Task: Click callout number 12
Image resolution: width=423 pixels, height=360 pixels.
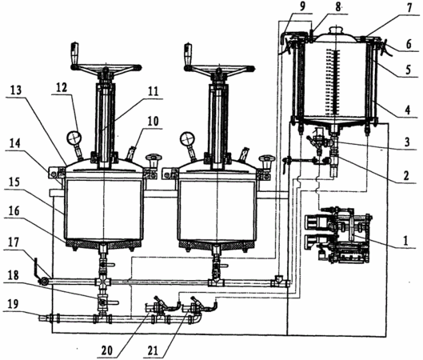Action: click(62, 88)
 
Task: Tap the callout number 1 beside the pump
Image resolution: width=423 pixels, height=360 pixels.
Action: click(406, 240)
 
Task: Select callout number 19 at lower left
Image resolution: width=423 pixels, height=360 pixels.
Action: click(13, 305)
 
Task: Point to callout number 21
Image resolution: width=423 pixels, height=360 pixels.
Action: click(153, 350)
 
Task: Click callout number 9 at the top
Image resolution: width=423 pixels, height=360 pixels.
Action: click(302, 6)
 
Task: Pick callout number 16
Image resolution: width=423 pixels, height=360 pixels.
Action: click(14, 210)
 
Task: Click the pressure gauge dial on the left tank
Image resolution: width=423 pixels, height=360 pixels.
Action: click(74, 138)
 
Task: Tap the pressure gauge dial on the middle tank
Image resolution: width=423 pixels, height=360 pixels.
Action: click(187, 138)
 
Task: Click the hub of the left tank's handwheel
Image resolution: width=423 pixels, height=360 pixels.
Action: click(106, 70)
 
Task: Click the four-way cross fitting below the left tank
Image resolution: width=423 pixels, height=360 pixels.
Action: click(103, 282)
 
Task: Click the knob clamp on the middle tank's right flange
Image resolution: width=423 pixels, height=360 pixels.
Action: click(266, 161)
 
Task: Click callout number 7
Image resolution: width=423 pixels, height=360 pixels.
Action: click(409, 8)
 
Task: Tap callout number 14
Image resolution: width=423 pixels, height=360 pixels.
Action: click(14, 143)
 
